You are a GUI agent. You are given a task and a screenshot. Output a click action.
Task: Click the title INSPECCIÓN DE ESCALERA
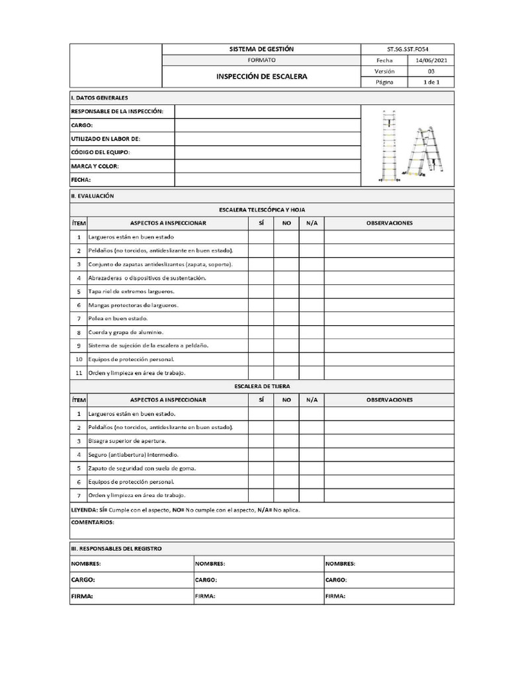point(261,77)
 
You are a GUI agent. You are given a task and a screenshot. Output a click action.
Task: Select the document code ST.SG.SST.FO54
point(407,50)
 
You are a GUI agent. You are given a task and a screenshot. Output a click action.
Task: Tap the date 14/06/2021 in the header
point(431,60)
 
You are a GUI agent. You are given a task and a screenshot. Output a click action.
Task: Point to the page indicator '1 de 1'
point(431,82)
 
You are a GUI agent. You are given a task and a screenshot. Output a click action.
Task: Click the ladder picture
point(407,145)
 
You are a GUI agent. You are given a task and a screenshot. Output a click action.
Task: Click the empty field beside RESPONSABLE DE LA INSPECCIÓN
point(267,111)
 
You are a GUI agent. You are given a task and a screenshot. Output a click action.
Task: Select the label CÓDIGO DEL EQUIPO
point(100,152)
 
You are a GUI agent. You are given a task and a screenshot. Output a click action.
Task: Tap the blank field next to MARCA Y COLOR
point(267,166)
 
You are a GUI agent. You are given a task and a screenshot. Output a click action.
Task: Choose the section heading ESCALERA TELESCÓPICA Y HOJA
point(261,210)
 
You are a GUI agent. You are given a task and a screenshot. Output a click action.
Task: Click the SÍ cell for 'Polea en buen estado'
point(261,319)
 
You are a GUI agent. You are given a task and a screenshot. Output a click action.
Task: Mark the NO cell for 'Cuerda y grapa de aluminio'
point(286,332)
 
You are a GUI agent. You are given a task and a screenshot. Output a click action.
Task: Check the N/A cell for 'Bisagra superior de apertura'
point(312,441)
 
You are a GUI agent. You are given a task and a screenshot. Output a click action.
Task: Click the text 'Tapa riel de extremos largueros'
point(132,292)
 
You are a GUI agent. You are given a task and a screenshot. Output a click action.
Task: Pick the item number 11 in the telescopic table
point(78,373)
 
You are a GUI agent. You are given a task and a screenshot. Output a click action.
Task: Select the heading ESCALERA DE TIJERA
point(261,386)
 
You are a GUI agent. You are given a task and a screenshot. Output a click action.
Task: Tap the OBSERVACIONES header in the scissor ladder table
point(389,400)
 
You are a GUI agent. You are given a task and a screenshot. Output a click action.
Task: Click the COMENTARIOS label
point(92,522)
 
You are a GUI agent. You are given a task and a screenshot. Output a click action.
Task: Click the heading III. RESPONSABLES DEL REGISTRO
point(116,549)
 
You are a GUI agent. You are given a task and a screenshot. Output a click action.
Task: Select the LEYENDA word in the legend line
point(83,510)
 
